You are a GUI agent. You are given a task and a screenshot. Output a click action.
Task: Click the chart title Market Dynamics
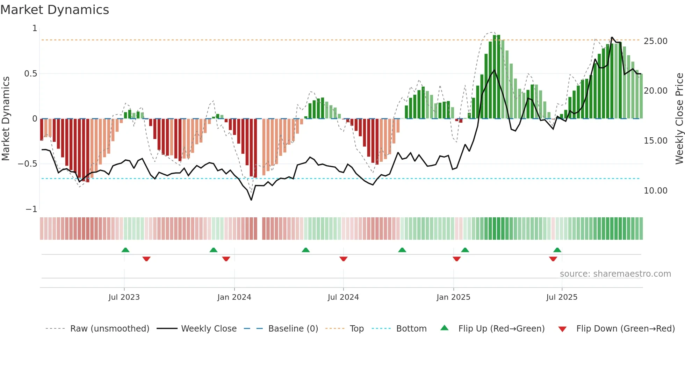[55, 10]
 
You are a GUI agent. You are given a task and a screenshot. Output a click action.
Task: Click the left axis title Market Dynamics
[6, 119]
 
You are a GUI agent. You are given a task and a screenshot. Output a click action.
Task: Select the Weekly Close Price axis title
[679, 119]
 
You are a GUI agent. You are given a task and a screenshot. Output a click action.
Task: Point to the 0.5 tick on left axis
[30, 74]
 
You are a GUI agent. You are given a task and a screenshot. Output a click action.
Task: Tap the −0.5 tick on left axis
[28, 164]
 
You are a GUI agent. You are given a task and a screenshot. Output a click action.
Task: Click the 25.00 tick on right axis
[655, 41]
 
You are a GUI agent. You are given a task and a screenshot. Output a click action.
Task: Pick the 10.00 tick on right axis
[655, 191]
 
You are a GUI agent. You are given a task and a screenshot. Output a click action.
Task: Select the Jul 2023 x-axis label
[124, 297]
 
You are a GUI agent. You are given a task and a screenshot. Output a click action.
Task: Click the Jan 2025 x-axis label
[453, 297]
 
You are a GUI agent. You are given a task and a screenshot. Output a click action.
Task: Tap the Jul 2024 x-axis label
[343, 297]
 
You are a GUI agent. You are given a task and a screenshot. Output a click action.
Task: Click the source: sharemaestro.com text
[615, 274]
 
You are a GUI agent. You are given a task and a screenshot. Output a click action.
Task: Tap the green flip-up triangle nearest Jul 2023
[125, 250]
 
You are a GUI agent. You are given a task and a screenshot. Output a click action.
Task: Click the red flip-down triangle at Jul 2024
[344, 259]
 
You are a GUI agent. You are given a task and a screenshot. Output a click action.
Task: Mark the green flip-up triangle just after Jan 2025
[465, 250]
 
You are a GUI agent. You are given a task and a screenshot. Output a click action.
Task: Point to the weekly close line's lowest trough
[251, 200]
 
